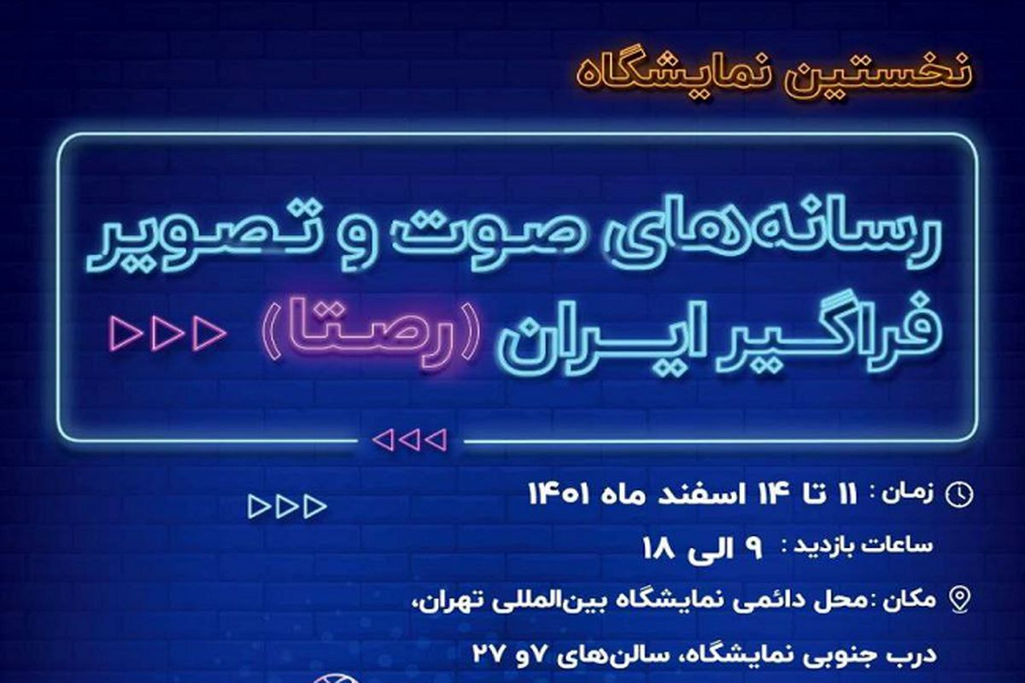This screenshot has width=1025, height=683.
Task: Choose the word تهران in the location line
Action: [447, 600]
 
